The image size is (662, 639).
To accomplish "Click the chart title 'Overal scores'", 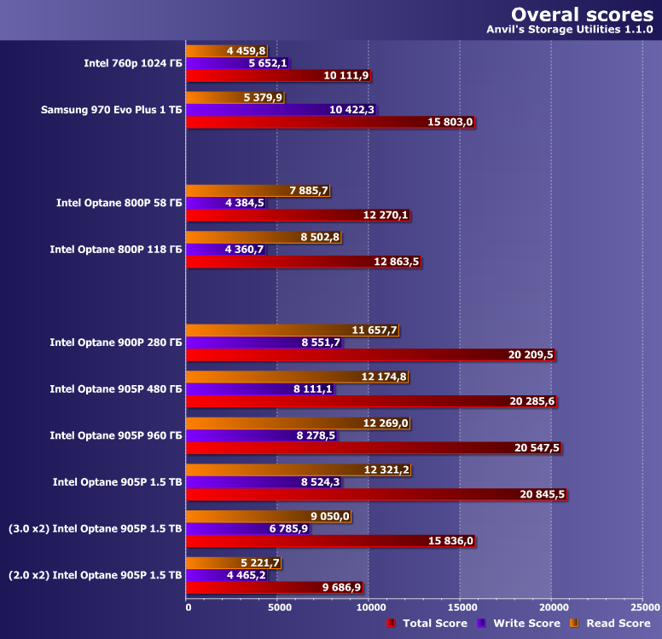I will [582, 14].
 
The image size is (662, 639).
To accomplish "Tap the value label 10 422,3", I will [351, 110].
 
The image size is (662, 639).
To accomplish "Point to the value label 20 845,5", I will [537, 494].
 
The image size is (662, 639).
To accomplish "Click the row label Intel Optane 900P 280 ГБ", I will [116, 343].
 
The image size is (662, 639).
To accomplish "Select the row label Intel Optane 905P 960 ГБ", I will [116, 435].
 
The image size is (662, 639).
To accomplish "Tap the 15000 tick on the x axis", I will [459, 607].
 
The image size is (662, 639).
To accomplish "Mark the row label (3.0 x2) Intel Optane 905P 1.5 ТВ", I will [95, 528].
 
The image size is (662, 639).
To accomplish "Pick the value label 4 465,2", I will [248, 575].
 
